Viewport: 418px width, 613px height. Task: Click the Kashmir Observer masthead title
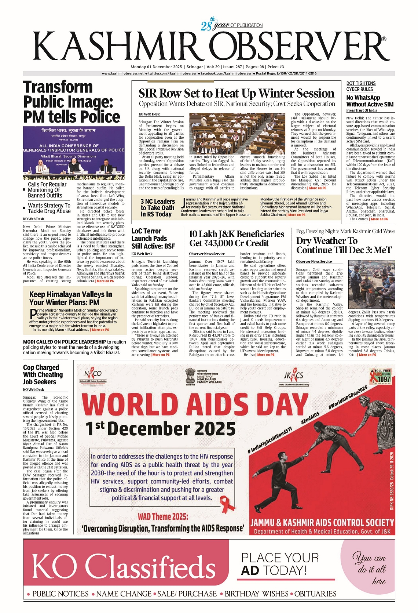(x=209, y=47)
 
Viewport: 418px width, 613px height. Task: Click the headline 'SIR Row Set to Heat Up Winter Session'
(x=236, y=93)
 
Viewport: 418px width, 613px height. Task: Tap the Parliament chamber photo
(x=237, y=134)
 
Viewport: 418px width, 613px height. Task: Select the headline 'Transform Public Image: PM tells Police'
(x=71, y=102)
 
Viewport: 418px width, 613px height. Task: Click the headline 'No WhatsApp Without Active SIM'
(x=370, y=101)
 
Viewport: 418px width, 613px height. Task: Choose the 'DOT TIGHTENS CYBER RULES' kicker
(x=361, y=86)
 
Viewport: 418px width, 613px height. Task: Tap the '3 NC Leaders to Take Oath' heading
(x=158, y=208)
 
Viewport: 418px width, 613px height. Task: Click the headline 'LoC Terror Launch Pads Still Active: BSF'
(x=153, y=239)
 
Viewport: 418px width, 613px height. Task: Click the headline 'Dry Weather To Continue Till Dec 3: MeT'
(x=344, y=245)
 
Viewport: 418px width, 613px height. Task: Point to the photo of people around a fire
(x=371, y=284)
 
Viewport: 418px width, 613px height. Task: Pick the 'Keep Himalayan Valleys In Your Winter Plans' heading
(x=70, y=298)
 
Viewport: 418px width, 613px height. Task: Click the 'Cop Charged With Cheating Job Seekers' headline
(x=43, y=374)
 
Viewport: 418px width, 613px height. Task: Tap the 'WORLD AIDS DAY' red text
(x=194, y=404)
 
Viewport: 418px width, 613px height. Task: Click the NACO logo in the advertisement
(x=93, y=376)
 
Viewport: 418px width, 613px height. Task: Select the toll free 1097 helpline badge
(x=382, y=377)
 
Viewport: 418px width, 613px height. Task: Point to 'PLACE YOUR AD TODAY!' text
(x=280, y=564)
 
